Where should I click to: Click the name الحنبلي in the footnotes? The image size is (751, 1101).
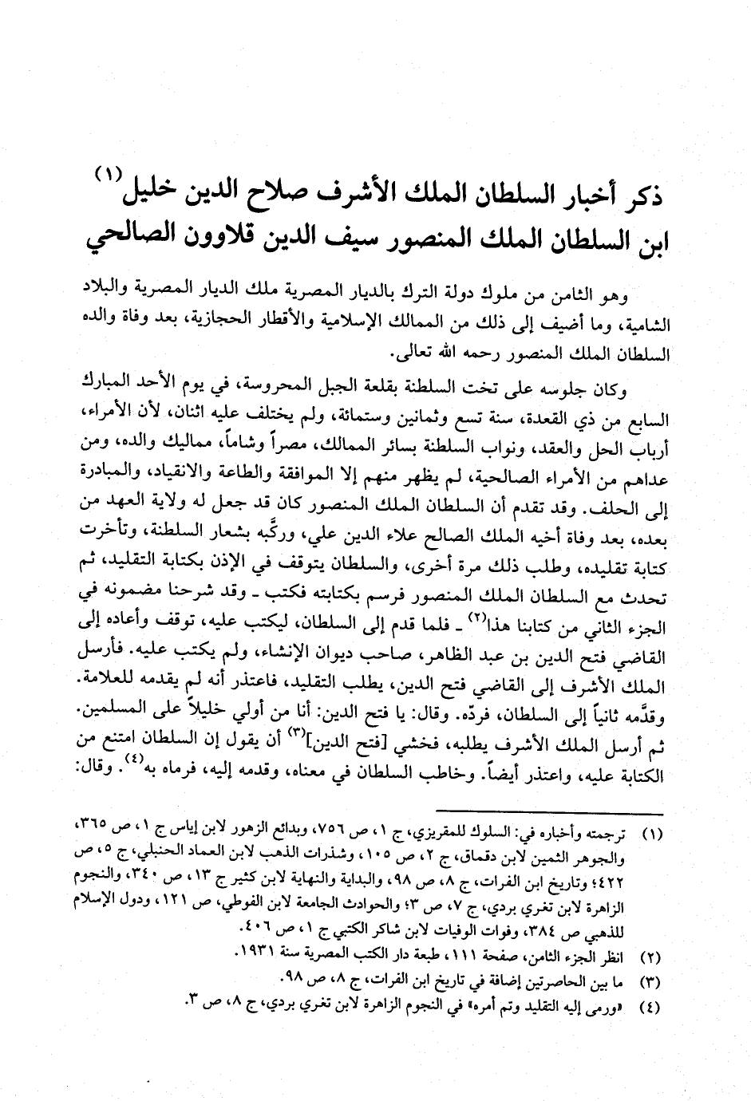189,858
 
